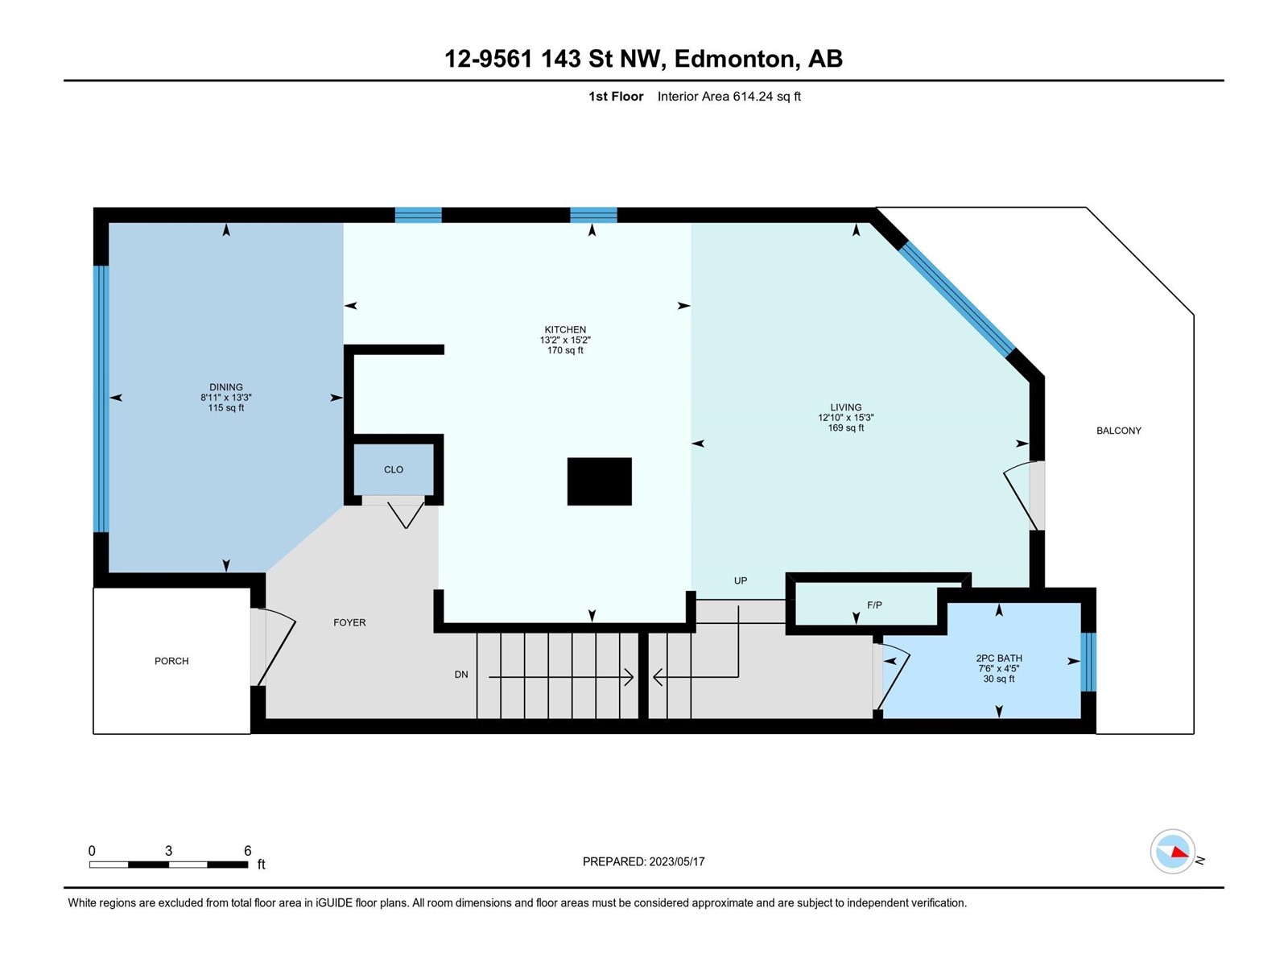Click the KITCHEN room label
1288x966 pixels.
click(565, 329)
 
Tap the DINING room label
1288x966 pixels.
click(226, 387)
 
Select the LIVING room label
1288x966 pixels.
click(845, 407)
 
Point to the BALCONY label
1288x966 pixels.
click(1118, 431)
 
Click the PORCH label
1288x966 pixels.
click(171, 661)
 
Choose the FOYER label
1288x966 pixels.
click(349, 622)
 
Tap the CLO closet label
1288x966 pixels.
click(393, 469)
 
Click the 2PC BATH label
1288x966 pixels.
click(999, 658)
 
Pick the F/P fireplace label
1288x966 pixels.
click(874, 605)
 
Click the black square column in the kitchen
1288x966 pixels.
click(599, 481)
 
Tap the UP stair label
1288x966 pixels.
click(741, 580)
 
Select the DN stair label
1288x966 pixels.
click(461, 675)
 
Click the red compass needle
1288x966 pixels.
click(1179, 852)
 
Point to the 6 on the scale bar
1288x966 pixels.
click(248, 850)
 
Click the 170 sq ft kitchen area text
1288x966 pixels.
click(565, 350)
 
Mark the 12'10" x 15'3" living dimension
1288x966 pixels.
click(845, 418)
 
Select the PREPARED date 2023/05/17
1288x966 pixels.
click(676, 861)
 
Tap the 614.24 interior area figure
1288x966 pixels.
click(753, 96)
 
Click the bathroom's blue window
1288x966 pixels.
click(1088, 662)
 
